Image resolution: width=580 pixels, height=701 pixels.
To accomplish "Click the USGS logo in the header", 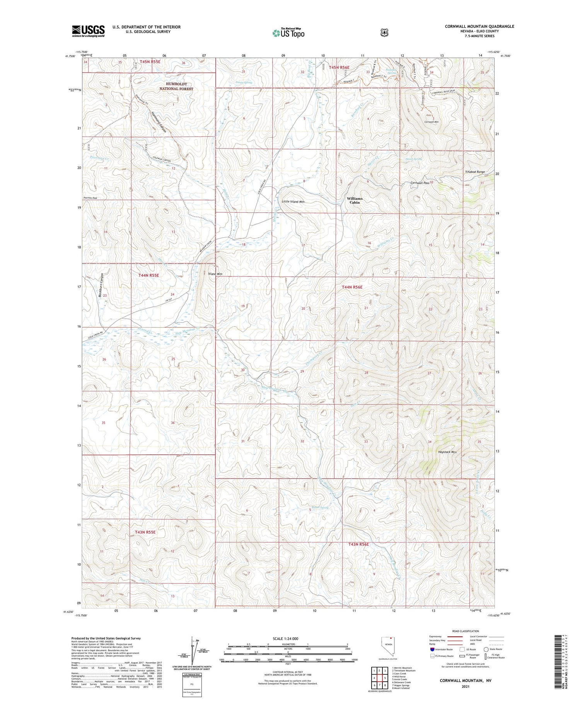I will pos(88,31).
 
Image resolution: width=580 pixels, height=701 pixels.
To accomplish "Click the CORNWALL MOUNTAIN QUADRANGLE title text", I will pos(479,26).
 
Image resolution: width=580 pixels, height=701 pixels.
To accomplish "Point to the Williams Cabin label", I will pos(355,200).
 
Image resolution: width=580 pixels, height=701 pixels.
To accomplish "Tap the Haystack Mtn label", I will pos(447,452).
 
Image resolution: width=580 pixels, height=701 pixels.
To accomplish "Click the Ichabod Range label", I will pos(474,172).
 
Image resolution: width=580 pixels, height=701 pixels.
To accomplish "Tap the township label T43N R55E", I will pos(145,532).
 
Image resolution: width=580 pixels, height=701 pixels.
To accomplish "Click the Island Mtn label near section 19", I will pos(215,274).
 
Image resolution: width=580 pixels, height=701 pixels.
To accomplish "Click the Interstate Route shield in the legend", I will pos(432,649).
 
